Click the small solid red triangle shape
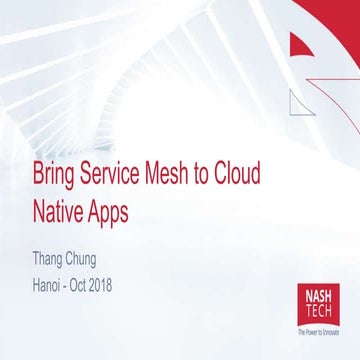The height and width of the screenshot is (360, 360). point(302,46)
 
